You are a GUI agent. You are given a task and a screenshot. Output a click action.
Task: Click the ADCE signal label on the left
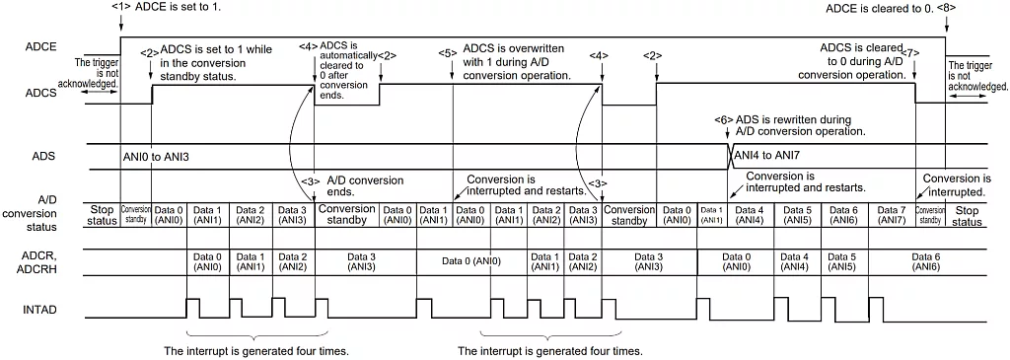click(x=42, y=46)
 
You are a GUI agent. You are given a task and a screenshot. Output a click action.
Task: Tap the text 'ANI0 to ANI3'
click(x=155, y=157)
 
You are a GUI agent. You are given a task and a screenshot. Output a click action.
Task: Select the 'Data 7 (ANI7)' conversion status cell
click(x=891, y=214)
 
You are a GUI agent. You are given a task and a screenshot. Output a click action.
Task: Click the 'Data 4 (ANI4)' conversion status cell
click(x=749, y=214)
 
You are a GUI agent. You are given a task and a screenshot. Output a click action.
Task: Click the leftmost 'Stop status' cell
click(x=103, y=215)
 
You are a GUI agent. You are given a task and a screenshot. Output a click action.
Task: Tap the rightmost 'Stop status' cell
click(x=968, y=215)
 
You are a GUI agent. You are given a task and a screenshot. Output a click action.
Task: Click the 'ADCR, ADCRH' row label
click(x=40, y=261)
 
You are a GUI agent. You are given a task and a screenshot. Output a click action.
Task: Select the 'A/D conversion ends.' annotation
click(x=365, y=186)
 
